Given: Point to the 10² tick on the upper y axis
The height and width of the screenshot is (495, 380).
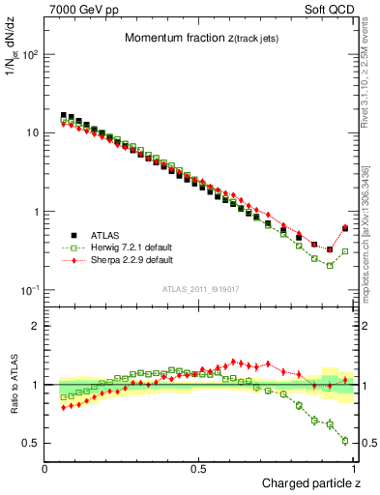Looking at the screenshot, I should [x=30, y=54].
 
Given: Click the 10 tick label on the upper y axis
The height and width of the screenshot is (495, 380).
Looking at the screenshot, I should [x=32, y=132].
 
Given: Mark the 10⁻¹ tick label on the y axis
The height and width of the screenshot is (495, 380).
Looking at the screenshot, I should [x=30, y=290].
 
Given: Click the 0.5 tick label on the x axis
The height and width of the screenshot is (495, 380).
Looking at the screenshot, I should [x=200, y=468].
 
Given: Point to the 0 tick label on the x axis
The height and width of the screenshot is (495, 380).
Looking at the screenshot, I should [x=45, y=468].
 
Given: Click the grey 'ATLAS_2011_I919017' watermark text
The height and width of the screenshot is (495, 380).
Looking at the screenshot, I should [x=200, y=291].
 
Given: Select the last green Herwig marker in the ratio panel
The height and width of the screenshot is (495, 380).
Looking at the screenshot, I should [x=345, y=441].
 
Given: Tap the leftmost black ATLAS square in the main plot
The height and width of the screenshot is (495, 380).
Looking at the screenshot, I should [x=64, y=115].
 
